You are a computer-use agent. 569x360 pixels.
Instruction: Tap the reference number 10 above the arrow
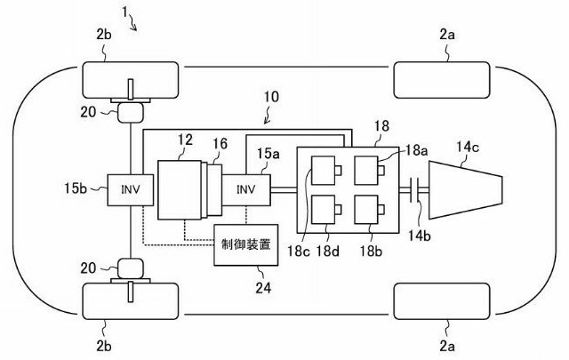coord(271,95)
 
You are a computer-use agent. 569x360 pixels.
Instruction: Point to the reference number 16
coord(219,144)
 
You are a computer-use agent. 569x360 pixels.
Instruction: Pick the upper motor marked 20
coord(131,111)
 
